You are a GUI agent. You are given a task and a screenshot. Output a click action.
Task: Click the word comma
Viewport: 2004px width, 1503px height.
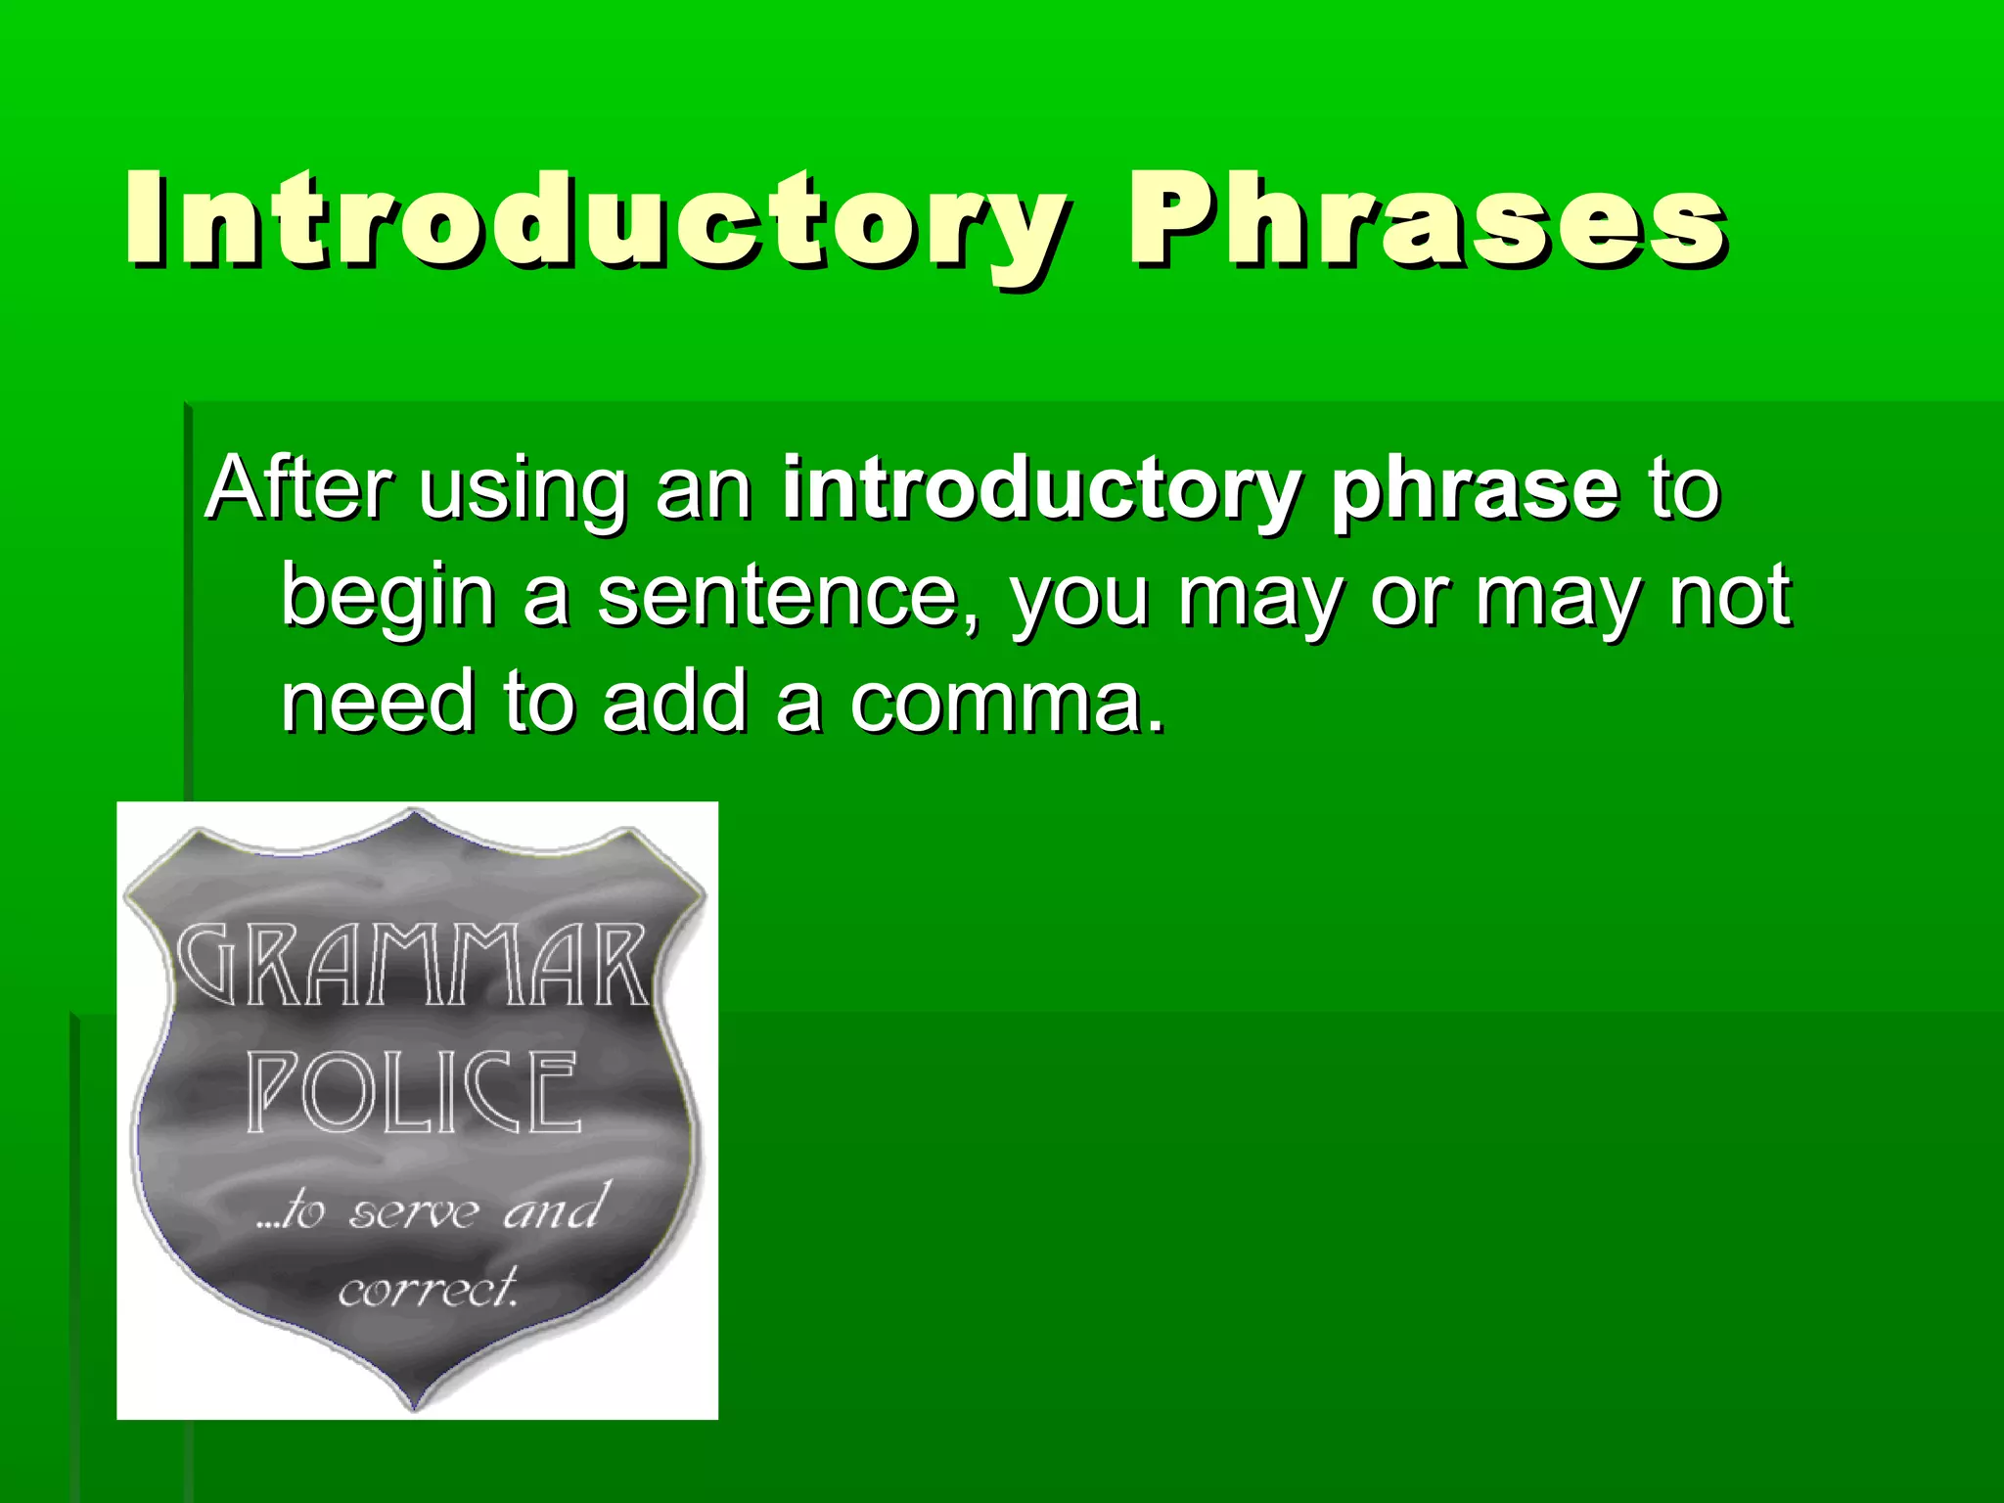pyautogui.click(x=998, y=705)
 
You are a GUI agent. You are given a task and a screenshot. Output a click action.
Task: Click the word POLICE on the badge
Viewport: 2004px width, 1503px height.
pyautogui.click(x=412, y=1092)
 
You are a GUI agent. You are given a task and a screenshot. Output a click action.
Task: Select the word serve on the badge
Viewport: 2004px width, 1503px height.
pyautogui.click(x=415, y=1213)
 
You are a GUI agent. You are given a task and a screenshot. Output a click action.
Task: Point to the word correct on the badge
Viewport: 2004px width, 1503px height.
pyautogui.click(x=427, y=1290)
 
